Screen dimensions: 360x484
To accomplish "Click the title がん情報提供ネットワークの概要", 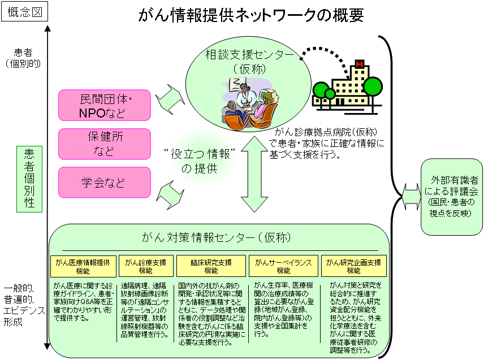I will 250,15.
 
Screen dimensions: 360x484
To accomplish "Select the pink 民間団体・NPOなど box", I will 105,105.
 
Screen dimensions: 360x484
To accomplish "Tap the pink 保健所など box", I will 105,144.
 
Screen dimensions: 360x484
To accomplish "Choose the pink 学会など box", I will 105,183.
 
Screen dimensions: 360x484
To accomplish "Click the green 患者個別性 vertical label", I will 29,179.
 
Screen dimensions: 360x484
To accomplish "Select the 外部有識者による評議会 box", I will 451,196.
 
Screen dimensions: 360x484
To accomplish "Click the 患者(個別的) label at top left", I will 23,57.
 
